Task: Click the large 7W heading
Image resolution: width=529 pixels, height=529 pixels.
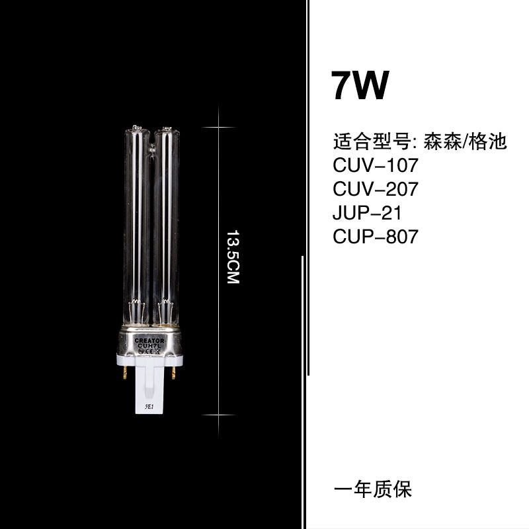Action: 360,85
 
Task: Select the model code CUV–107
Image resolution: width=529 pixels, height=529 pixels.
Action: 376,165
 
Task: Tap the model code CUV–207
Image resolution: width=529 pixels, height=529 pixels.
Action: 376,189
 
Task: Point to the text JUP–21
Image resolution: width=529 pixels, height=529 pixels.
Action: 367,213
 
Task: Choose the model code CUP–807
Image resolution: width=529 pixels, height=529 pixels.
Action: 376,237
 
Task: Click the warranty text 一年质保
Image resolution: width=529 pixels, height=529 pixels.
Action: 373,489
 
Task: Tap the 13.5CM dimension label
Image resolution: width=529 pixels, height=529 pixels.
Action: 233,257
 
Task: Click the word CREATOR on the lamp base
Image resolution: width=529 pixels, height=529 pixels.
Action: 149,341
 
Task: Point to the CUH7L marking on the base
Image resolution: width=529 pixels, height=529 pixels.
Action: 150,346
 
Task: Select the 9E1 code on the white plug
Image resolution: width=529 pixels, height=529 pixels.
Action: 149,407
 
